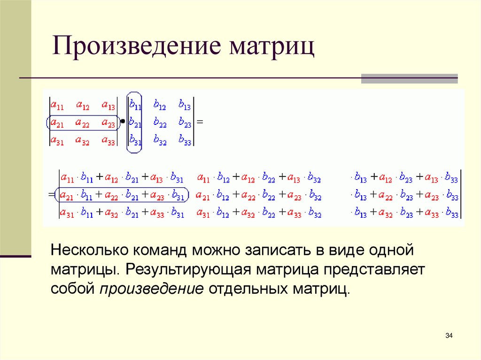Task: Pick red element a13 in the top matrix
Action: (x=109, y=105)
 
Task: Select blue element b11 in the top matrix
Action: (x=135, y=105)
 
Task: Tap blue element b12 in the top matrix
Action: (x=160, y=105)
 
